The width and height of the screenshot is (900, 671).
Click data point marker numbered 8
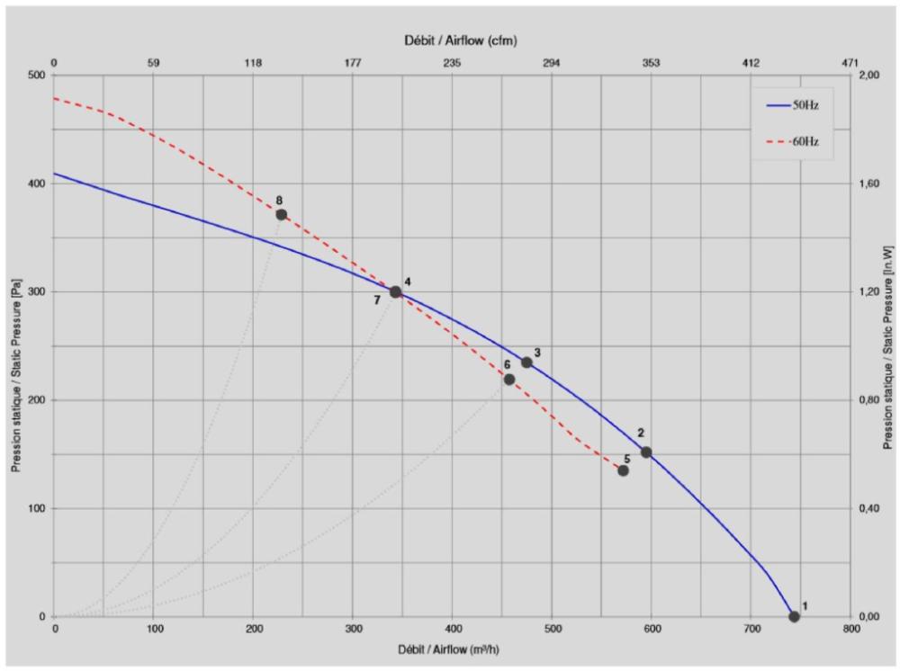point(281,215)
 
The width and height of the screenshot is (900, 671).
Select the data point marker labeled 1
point(794,616)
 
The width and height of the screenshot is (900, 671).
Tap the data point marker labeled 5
point(623,470)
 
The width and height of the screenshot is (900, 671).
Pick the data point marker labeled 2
point(646,452)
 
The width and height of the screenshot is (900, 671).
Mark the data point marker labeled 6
point(509,380)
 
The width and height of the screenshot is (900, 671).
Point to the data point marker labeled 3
point(526,362)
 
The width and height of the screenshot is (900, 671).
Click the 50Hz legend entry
point(793,105)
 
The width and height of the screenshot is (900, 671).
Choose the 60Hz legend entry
point(793,142)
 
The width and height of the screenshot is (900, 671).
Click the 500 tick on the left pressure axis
point(35,76)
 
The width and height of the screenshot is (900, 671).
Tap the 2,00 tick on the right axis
point(871,76)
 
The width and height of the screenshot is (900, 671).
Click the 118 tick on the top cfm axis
point(253,63)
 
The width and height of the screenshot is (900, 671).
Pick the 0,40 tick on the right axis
point(871,508)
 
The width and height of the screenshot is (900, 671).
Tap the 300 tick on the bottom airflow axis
point(353,630)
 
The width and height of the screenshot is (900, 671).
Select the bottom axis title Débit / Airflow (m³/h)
point(452,649)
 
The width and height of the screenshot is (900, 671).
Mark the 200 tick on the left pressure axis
point(35,400)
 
